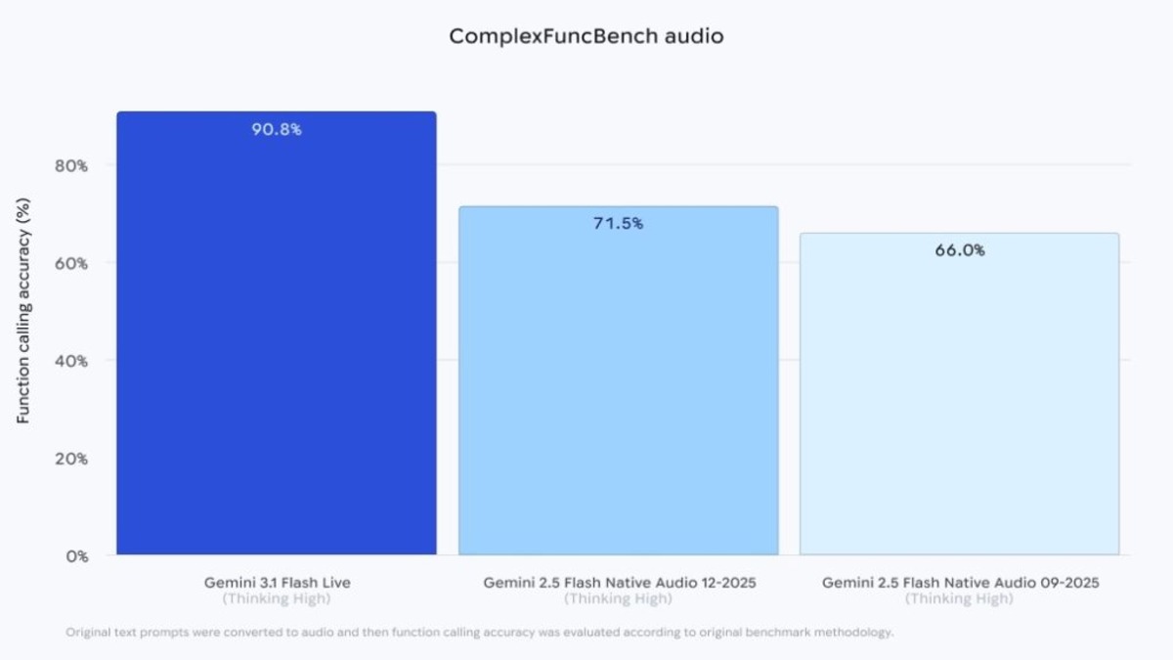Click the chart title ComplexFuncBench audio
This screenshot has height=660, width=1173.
(586, 37)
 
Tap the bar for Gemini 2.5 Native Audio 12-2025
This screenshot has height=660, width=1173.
(618, 391)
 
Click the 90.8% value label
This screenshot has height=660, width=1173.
(277, 129)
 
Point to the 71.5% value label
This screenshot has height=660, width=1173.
(618, 224)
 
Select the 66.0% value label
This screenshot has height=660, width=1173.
(959, 250)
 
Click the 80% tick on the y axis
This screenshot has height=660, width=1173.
(70, 165)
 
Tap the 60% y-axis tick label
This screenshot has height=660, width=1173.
(70, 263)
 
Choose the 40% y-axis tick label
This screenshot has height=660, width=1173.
(70, 361)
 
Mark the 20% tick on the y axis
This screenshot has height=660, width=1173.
(70, 458)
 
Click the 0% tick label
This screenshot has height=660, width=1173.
(75, 555)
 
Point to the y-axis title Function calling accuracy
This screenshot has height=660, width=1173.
(24, 311)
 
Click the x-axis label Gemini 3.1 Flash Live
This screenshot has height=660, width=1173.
(277, 583)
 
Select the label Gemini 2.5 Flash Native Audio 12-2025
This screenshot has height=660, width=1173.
(619, 583)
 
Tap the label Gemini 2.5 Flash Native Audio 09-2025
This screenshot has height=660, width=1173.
(960, 583)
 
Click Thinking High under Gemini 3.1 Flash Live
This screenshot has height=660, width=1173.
(277, 598)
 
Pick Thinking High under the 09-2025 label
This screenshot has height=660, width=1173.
(960, 598)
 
